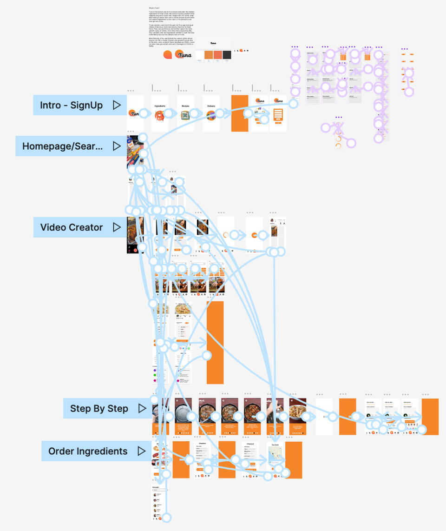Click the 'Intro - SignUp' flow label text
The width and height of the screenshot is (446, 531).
pos(71,105)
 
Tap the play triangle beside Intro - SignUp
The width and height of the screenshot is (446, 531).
pos(117,105)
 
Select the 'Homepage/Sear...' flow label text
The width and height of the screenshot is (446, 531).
pos(63,146)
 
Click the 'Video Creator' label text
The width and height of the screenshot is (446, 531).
pos(72,227)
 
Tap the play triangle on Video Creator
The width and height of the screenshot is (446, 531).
pos(117,227)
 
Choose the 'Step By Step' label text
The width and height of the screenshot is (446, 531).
pos(99,409)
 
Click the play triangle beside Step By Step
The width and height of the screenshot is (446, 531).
pos(142,409)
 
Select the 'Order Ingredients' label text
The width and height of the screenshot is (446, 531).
pos(88,451)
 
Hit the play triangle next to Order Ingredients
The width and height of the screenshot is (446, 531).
pos(142,451)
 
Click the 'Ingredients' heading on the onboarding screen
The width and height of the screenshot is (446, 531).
pos(160,106)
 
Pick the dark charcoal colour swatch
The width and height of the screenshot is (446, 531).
pos(227,55)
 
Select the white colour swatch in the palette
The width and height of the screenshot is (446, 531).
pos(199,55)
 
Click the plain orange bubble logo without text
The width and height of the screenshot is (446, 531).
pos(168,55)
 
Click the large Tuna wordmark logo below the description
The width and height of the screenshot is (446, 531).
pos(184,54)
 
